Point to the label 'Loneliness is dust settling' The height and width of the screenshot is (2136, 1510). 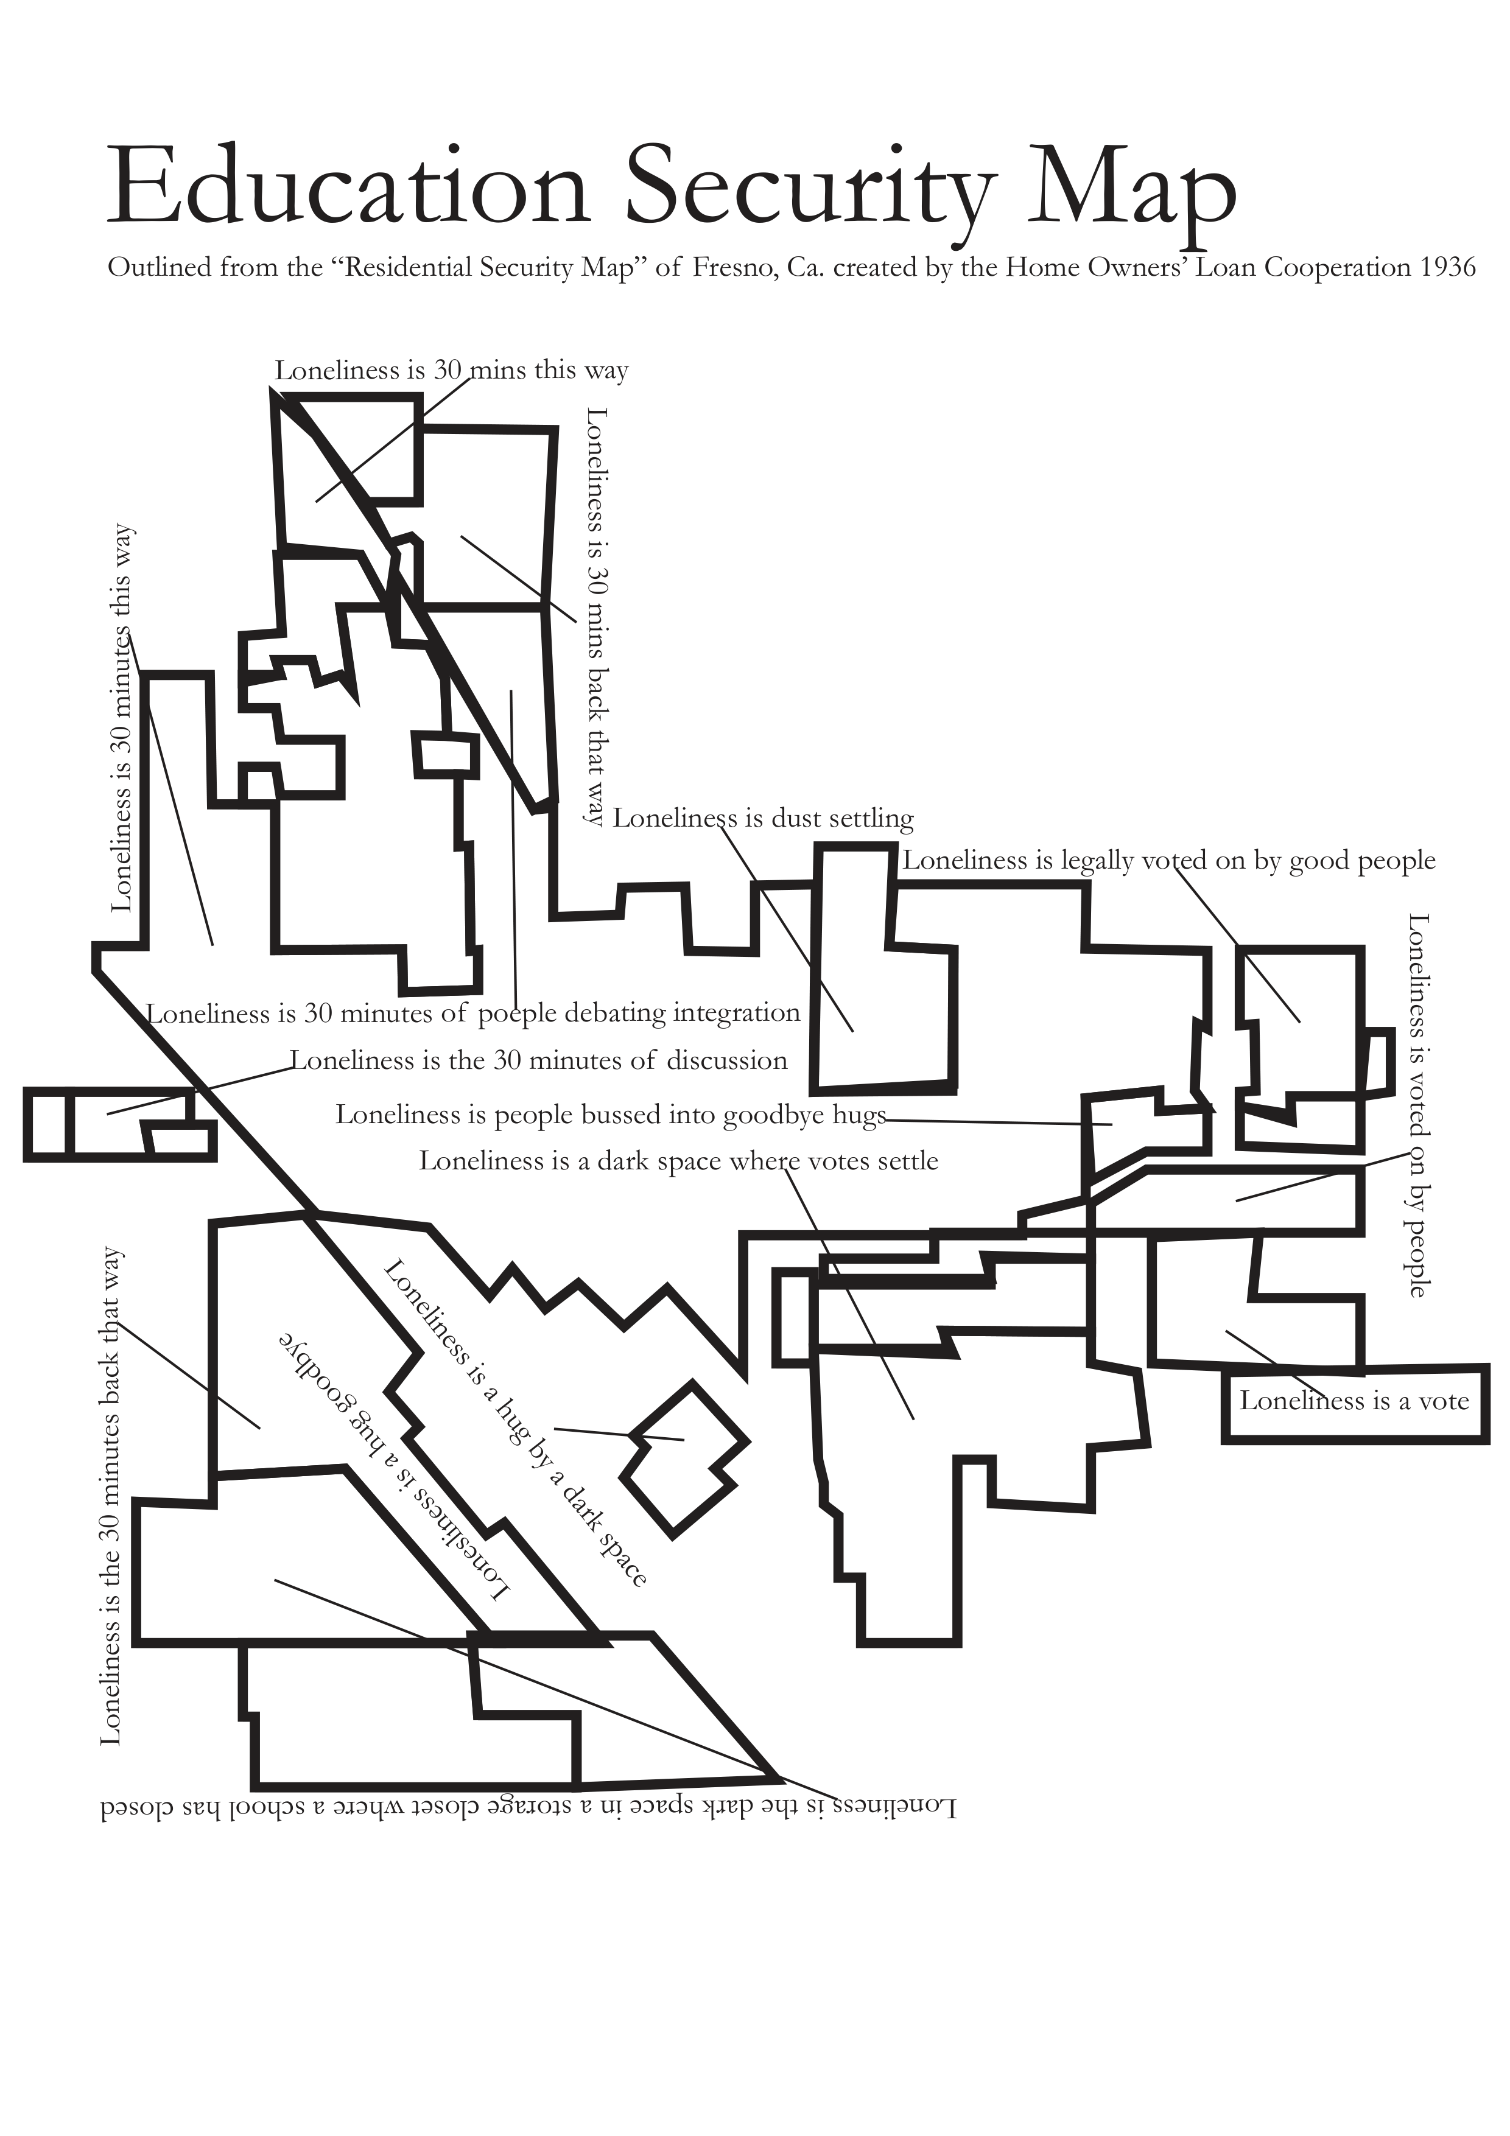point(763,819)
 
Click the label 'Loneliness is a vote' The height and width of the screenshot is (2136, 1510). point(1354,1401)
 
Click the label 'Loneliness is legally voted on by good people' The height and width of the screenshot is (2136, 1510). point(1168,861)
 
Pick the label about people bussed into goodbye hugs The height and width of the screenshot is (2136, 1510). point(610,1115)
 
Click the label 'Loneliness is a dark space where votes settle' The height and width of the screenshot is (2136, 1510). point(678,1161)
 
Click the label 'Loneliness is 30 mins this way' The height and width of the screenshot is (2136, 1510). point(451,370)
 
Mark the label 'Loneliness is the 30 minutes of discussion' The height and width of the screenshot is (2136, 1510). point(539,1060)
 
